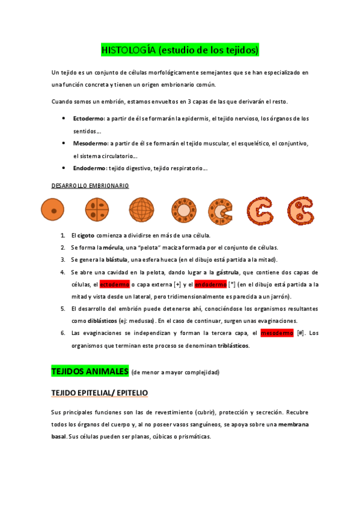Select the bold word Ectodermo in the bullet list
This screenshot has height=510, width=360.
coord(88,119)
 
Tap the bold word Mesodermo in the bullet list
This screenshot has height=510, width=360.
coord(90,144)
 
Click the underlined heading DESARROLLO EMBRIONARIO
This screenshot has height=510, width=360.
coord(90,186)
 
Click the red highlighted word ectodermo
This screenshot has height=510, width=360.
coord(114,284)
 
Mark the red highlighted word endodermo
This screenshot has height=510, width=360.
coord(210,284)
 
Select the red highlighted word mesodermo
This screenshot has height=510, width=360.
coord(276,333)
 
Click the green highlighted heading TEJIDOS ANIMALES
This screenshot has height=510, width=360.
coord(90,371)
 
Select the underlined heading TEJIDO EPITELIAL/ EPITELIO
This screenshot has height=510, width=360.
coord(100,393)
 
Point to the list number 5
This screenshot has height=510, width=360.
coord(63,309)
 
